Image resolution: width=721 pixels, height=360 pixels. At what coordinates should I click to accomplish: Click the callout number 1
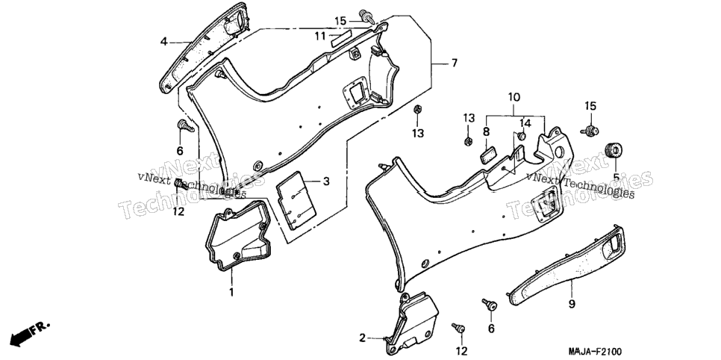[231, 292]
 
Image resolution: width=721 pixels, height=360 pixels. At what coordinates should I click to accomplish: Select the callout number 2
[362, 338]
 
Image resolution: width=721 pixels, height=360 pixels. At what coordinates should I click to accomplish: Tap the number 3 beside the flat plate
[326, 181]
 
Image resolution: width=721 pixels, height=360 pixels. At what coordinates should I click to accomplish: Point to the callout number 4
[163, 42]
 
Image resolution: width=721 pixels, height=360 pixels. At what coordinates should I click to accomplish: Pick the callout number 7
[455, 63]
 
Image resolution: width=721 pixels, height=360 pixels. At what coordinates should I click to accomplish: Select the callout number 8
[487, 131]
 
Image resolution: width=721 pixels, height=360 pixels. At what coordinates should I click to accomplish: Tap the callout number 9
[572, 304]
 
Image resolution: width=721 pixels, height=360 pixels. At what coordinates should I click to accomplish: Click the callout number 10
[514, 97]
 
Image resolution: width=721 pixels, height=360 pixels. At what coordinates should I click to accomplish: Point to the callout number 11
[320, 36]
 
